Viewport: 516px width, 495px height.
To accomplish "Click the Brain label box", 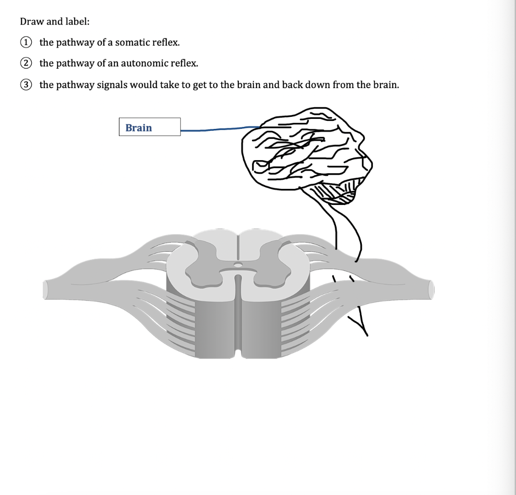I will [150, 127].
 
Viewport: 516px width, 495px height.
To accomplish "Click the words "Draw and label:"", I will [48, 22].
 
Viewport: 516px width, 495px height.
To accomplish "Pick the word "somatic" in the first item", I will [132, 42].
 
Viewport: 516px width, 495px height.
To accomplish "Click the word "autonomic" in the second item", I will [142, 63].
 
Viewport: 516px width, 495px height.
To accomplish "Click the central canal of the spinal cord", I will [238, 264].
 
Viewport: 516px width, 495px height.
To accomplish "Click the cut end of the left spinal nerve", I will [46, 290].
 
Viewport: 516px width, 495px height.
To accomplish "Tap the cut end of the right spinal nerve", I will [431, 290].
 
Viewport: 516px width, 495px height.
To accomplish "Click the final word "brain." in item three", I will [385, 85].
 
